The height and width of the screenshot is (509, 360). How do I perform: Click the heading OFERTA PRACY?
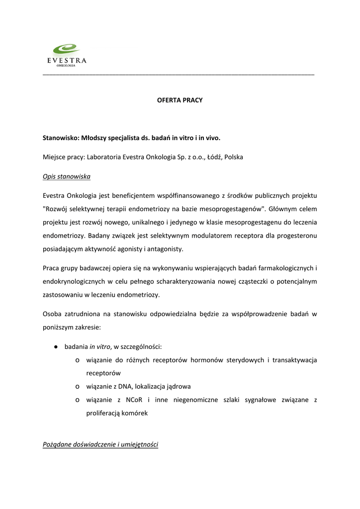coord(180,100)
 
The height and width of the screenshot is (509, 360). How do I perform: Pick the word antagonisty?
coord(163,248)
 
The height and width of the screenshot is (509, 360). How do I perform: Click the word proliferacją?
coord(104,413)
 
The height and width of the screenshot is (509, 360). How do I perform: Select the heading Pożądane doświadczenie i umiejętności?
coord(100,444)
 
